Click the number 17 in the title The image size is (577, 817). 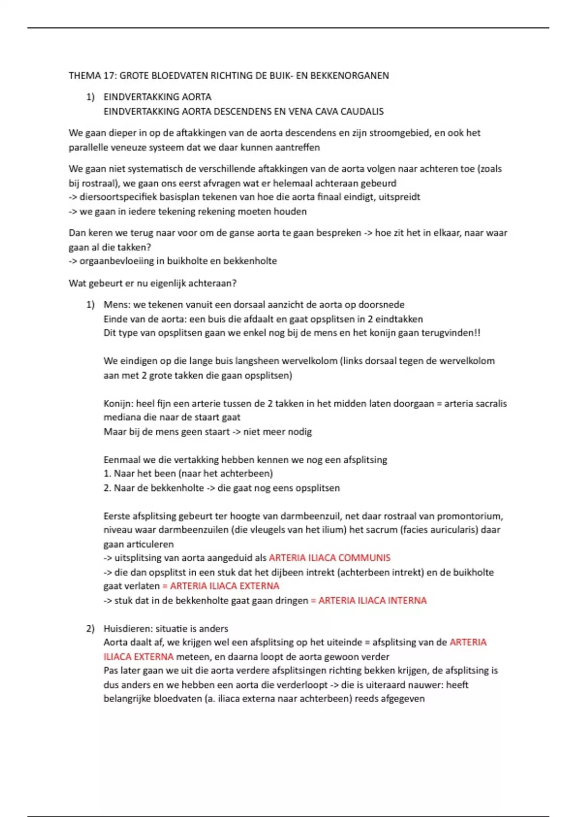[x=108, y=75]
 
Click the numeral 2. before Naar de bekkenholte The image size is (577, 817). [x=107, y=488]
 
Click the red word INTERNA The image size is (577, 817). [x=406, y=600]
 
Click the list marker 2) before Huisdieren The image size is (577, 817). [x=90, y=629]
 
